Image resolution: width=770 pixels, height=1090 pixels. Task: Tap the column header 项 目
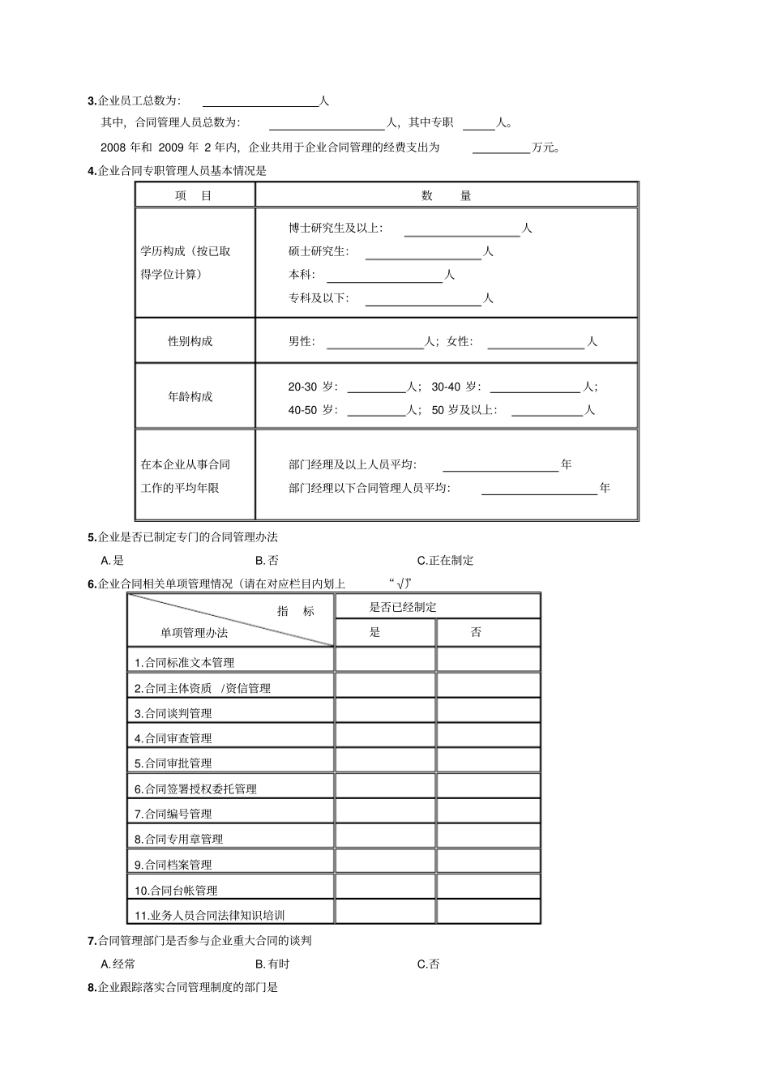coord(194,195)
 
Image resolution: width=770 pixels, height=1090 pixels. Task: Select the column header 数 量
coord(447,195)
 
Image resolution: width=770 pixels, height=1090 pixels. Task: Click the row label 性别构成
coord(190,341)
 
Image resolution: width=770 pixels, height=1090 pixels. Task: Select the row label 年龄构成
coord(190,396)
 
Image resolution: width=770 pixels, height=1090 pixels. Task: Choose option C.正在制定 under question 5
coord(445,560)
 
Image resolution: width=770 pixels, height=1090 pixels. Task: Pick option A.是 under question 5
coord(113,560)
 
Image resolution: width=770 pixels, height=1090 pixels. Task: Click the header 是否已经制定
coord(403,607)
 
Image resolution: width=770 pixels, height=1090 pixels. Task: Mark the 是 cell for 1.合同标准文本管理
coord(385,660)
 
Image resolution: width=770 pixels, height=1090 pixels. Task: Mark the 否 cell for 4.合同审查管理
coord(488,736)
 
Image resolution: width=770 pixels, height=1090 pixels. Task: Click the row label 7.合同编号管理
coord(173,814)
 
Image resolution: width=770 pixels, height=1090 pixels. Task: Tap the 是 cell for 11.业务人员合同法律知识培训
coord(385,912)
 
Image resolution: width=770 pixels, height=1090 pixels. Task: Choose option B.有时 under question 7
coord(272,964)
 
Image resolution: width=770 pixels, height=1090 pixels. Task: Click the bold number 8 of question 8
coord(91,988)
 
